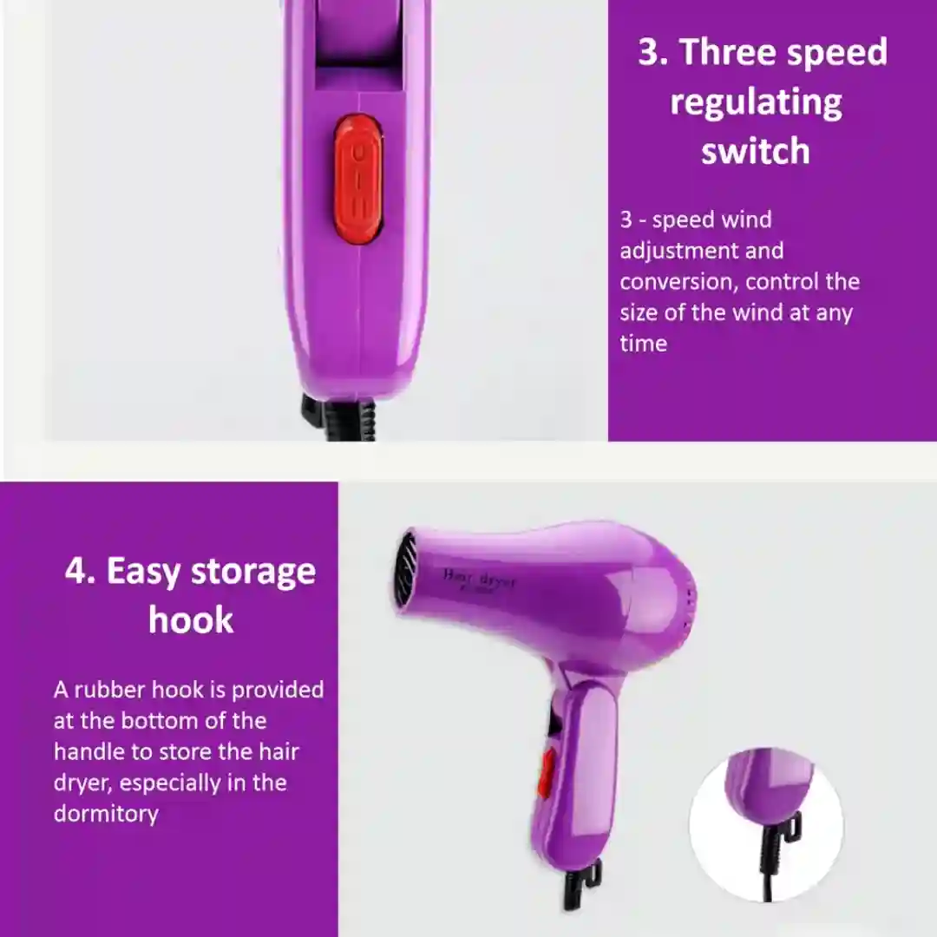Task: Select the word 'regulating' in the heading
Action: coord(756,102)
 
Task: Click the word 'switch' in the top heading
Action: coord(756,151)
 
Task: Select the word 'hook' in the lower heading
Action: coord(191,620)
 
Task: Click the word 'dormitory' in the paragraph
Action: coord(106,814)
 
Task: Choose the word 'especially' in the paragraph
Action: coord(170,783)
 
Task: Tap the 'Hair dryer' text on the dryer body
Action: coord(479,579)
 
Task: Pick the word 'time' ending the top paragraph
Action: coord(643,344)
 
